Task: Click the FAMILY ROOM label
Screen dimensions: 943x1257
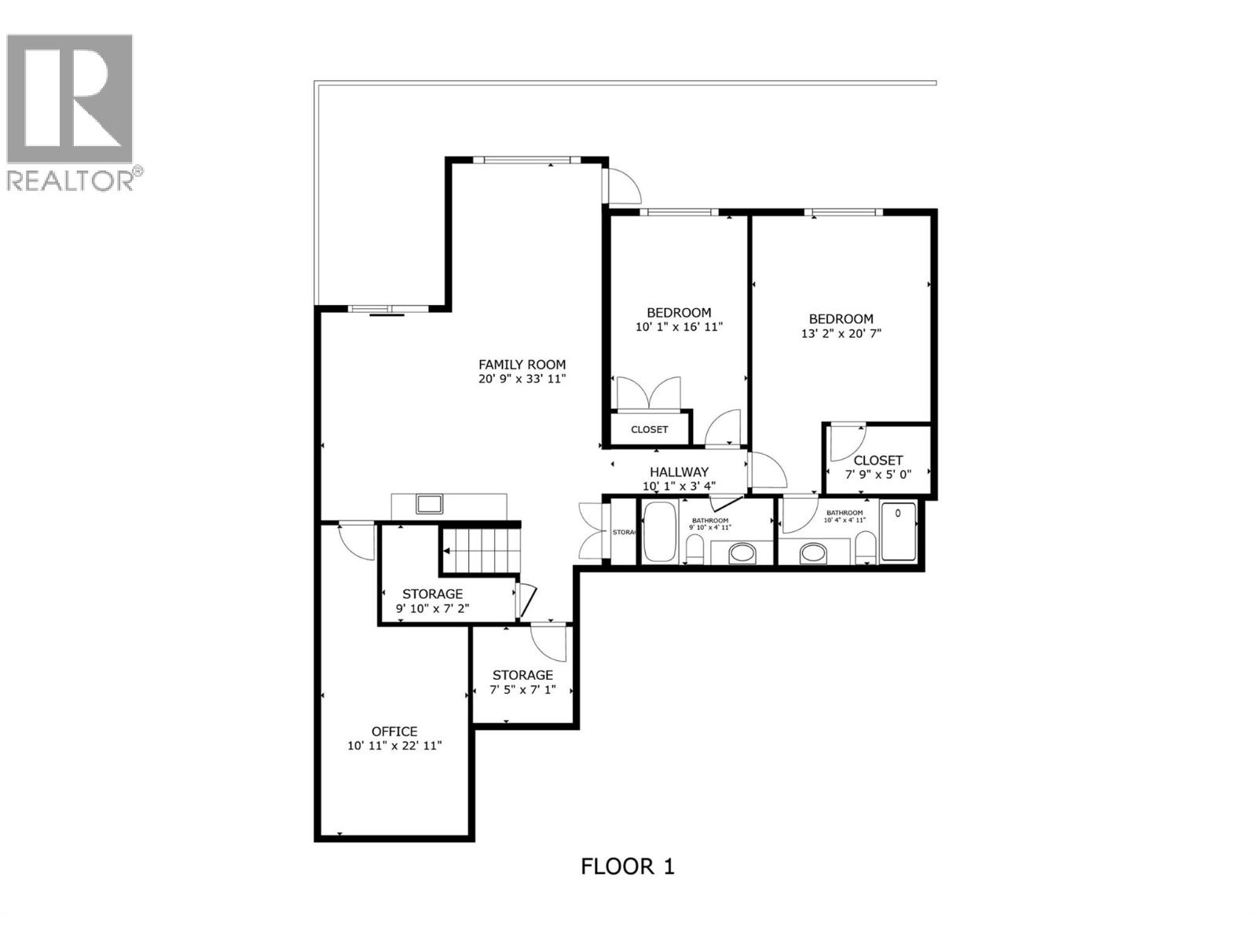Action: [x=522, y=365]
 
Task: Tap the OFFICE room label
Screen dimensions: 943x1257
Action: [x=394, y=732]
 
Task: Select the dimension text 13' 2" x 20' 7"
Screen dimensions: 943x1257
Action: [x=841, y=333]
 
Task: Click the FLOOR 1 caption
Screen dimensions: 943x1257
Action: [x=627, y=867]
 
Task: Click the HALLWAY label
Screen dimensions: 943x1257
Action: [x=679, y=472]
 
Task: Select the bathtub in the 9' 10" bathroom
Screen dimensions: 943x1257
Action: [x=659, y=532]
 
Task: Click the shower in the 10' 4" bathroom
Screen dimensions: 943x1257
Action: [x=898, y=532]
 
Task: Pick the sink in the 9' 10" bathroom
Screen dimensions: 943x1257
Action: [x=742, y=554]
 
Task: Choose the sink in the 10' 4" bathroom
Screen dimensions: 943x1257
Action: [x=813, y=554]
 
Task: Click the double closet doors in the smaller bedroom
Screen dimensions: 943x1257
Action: [x=648, y=393]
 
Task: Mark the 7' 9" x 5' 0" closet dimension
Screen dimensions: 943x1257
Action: [x=878, y=475]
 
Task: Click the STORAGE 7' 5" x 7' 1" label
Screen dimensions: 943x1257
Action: [x=522, y=676]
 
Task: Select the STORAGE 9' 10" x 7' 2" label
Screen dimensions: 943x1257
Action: [x=432, y=594]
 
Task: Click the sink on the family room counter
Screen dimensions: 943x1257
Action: [x=429, y=503]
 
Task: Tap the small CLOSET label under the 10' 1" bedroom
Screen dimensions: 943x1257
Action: [x=649, y=429]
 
